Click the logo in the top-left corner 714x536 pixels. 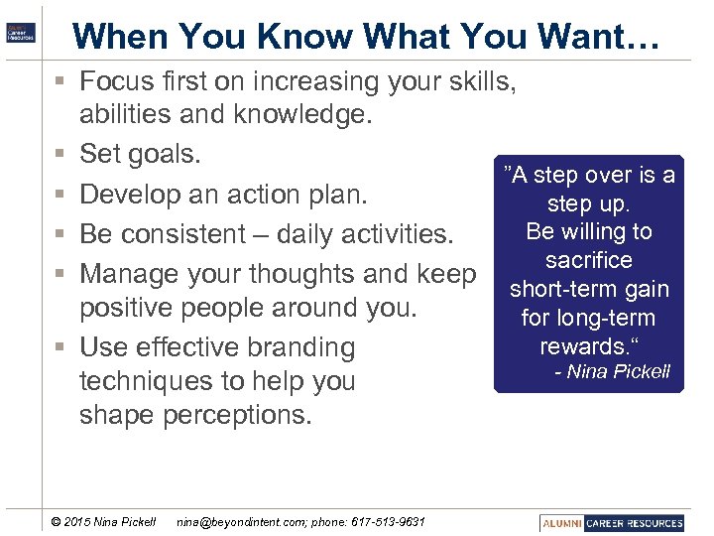[20, 31]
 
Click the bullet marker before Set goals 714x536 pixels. [60, 155]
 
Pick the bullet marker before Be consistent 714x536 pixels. [60, 235]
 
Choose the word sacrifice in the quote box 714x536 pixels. [588, 261]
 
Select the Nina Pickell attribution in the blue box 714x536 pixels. [612, 372]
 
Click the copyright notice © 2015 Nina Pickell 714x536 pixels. [103, 522]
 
